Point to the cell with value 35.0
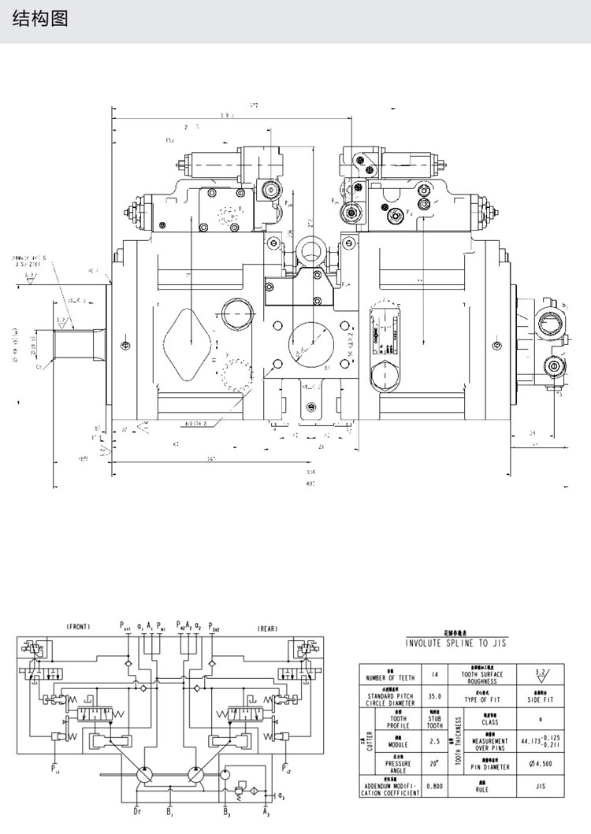(x=434, y=697)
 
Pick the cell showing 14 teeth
(x=434, y=676)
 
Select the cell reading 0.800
(x=434, y=786)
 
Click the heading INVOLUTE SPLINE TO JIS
(x=456, y=643)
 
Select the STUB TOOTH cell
(x=434, y=721)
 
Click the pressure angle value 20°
(x=434, y=764)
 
